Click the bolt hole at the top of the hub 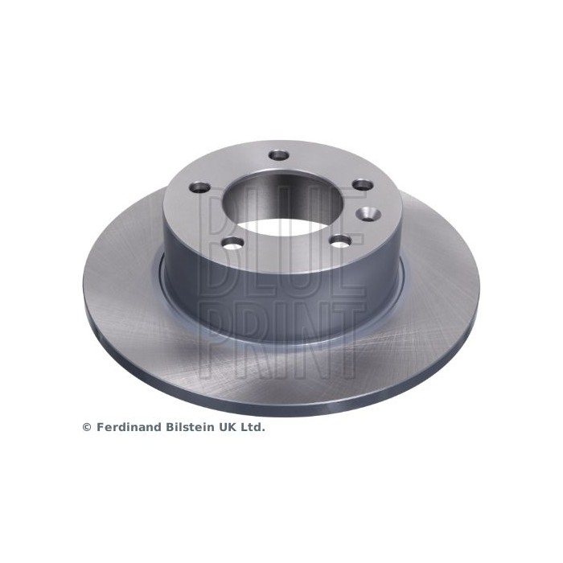click(279, 156)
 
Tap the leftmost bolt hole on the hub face click(199, 187)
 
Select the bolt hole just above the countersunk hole click(363, 185)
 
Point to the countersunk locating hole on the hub click(368, 213)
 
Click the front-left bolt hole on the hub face click(232, 243)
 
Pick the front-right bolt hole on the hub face click(341, 241)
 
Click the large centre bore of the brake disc click(281, 204)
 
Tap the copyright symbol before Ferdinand click(87, 427)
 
